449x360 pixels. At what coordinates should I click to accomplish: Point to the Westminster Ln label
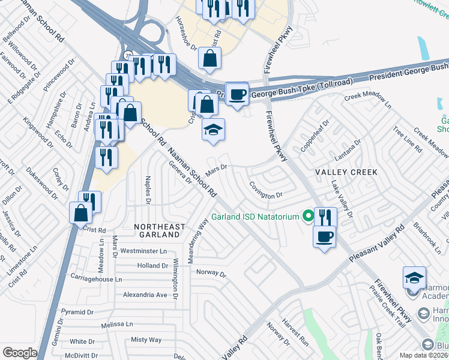[143, 251]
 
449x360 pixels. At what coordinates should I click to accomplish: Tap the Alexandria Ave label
[145, 295]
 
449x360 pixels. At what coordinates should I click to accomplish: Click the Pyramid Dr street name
[78, 312]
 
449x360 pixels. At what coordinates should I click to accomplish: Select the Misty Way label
[146, 340]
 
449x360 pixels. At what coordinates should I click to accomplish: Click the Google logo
[20, 353]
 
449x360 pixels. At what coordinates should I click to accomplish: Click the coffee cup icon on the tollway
[238, 94]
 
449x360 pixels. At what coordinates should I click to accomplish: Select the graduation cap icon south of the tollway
[212, 130]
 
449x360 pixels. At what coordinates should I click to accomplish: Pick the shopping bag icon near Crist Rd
[80, 212]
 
